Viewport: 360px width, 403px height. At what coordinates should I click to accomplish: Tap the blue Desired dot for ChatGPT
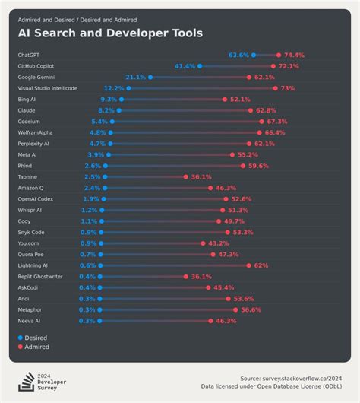coord(254,56)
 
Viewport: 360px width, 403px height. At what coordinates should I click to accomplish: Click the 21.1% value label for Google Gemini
coord(135,78)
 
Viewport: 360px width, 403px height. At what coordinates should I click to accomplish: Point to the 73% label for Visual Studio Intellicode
coord(288,88)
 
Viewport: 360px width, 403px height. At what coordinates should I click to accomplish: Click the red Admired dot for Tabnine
coord(185,176)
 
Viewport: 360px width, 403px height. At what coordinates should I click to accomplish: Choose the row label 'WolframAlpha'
coord(35,132)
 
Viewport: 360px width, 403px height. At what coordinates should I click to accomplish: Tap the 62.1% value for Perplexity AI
coord(264,144)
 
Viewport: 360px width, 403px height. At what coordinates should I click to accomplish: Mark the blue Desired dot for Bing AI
coord(122,100)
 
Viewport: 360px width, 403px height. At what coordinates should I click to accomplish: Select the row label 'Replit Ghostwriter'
coord(40,276)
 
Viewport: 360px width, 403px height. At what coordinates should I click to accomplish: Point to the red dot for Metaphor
coord(235,309)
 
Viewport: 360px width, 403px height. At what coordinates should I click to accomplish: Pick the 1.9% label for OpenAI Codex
coord(91,199)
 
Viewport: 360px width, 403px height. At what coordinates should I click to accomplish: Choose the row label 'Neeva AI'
coord(29,320)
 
